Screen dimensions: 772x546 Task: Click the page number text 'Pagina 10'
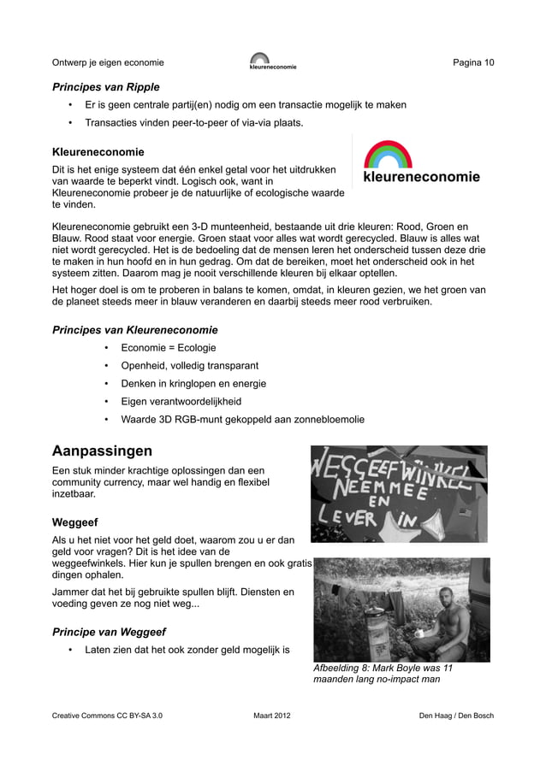(473, 62)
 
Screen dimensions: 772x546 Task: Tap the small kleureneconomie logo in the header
(272, 62)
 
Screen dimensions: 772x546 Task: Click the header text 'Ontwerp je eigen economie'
(108, 62)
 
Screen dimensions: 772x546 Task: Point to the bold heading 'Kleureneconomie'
(98, 152)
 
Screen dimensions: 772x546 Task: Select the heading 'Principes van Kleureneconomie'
(134, 330)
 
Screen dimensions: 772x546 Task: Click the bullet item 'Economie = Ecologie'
(168, 348)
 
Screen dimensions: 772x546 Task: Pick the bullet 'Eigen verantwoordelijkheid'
(181, 402)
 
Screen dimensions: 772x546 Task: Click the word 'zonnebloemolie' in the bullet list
(329, 420)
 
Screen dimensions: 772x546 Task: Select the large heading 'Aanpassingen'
(102, 451)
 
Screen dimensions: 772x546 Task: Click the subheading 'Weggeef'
(74, 522)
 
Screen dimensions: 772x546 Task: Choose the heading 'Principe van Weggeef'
(109, 633)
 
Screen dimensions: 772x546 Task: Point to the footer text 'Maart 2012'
(272, 715)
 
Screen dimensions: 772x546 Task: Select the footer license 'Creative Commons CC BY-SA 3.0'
(107, 715)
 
